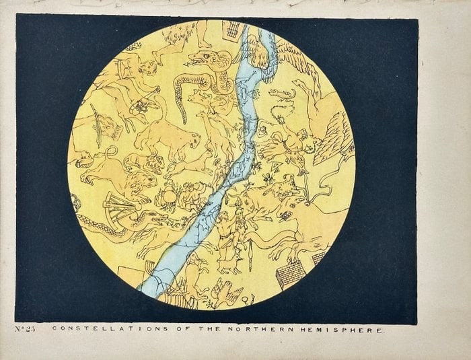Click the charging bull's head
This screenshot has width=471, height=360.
tap(286, 214)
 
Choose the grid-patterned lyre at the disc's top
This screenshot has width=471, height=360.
tap(232, 30)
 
